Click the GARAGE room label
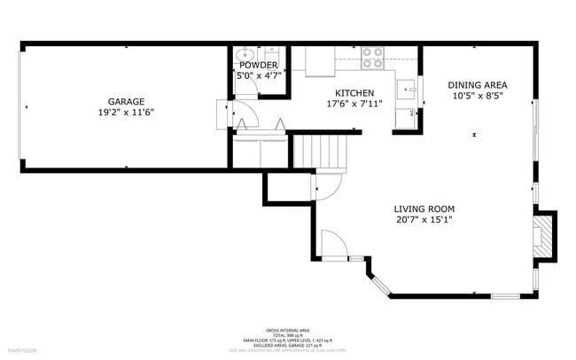tap(127, 102)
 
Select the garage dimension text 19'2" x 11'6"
tap(127, 113)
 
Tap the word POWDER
tap(258, 66)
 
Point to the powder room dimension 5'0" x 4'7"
tap(258, 76)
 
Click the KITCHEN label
tap(354, 93)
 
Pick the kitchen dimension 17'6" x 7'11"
tap(354, 104)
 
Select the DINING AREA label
tap(478, 85)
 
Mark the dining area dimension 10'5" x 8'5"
tap(478, 96)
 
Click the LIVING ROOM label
tap(424, 209)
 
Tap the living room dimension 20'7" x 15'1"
tap(424, 220)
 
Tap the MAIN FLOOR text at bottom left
tap(22, 350)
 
